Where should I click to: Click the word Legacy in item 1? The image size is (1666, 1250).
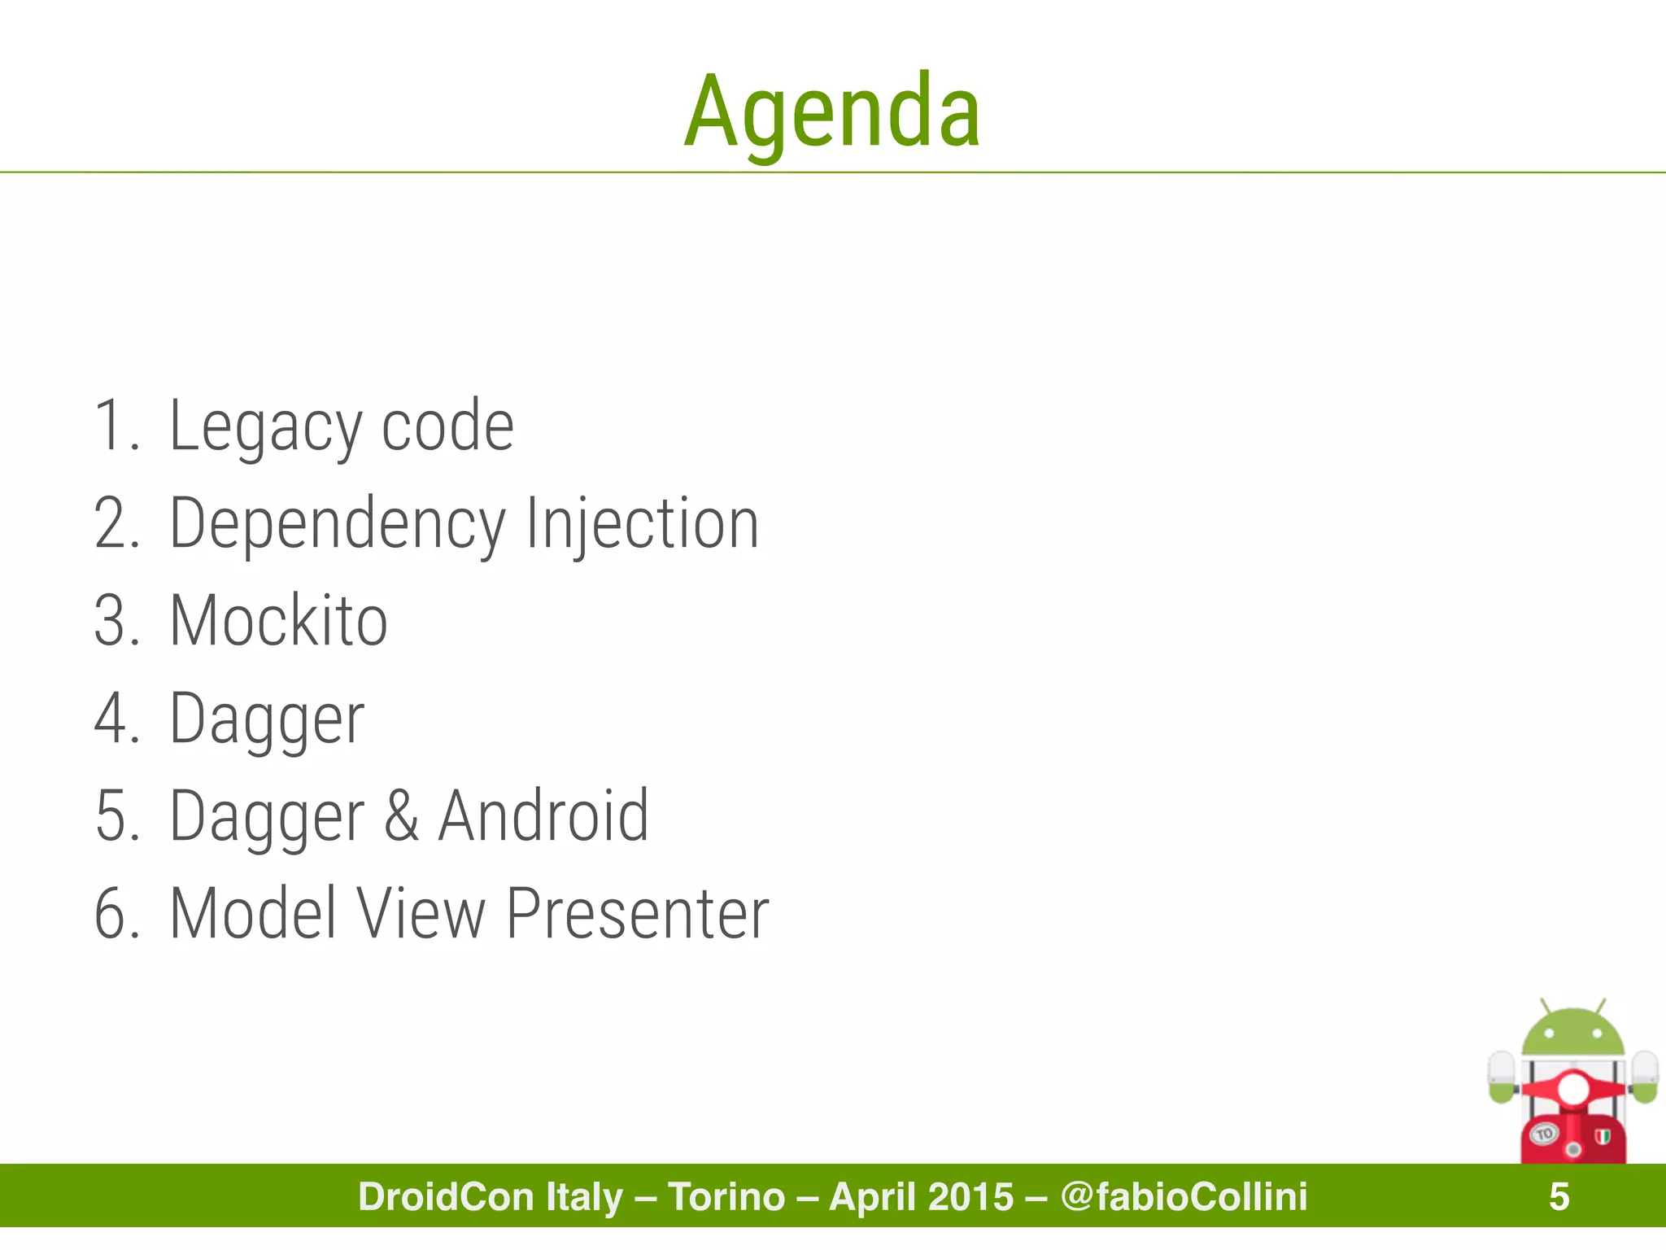[x=264, y=427]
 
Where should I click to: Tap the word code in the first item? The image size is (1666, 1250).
[x=447, y=427]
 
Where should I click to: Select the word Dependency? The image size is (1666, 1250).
[x=338, y=525]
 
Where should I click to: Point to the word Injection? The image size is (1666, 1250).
[x=642, y=525]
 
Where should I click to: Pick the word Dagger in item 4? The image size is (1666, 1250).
[x=267, y=719]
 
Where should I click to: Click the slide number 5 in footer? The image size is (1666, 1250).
[x=1559, y=1197]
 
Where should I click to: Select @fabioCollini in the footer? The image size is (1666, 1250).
[x=1184, y=1197]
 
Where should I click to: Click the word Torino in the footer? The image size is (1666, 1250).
[x=726, y=1197]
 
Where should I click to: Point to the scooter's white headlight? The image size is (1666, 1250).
[x=1572, y=1089]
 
